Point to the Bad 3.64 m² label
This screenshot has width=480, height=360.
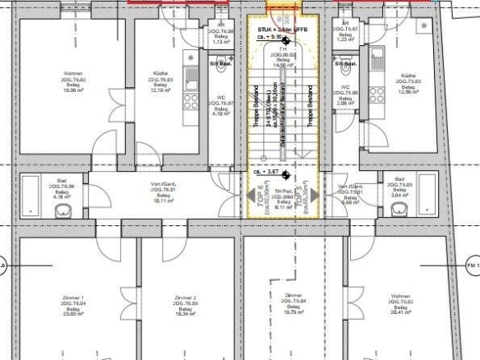click(399, 187)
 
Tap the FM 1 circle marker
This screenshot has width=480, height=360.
click(473, 265)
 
